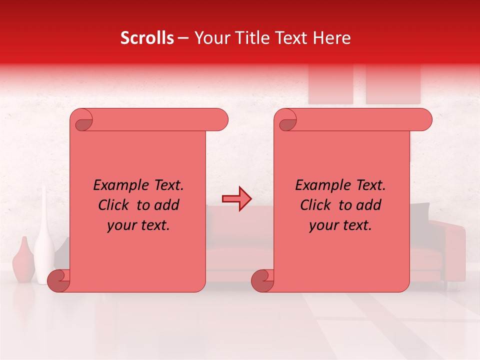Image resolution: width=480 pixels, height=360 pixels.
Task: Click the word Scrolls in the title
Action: pyautogui.click(x=147, y=38)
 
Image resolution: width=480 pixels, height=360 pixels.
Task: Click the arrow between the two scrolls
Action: pyautogui.click(x=236, y=199)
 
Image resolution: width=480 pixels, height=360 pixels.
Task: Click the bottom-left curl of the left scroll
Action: pyautogui.click(x=59, y=280)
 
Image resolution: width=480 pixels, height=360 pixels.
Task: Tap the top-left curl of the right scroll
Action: pyautogui.click(x=286, y=120)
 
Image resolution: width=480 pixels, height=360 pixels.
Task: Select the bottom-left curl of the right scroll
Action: pyautogui.click(x=262, y=280)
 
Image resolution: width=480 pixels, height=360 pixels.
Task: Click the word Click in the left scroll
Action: pyautogui.click(x=115, y=205)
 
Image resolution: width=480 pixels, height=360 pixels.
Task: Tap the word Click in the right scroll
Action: pyautogui.click(x=316, y=205)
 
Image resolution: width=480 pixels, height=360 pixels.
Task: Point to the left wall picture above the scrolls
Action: pyautogui.click(x=330, y=85)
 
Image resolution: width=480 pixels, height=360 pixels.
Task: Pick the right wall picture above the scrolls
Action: pyautogui.click(x=393, y=85)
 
